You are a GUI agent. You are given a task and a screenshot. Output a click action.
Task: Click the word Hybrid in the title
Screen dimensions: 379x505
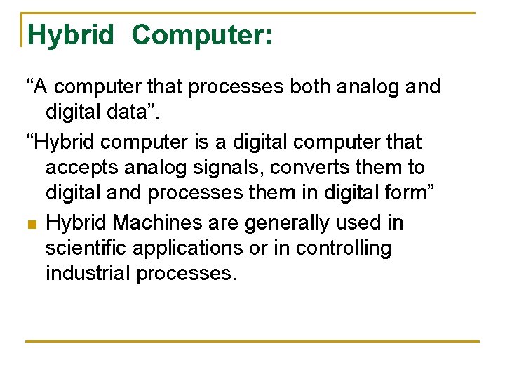(x=71, y=34)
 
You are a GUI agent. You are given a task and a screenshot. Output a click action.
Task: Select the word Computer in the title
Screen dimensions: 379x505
(x=201, y=34)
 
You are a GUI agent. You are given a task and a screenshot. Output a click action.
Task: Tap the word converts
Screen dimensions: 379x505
(x=316, y=168)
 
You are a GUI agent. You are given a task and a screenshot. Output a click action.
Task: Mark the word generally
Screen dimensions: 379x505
(x=295, y=223)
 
